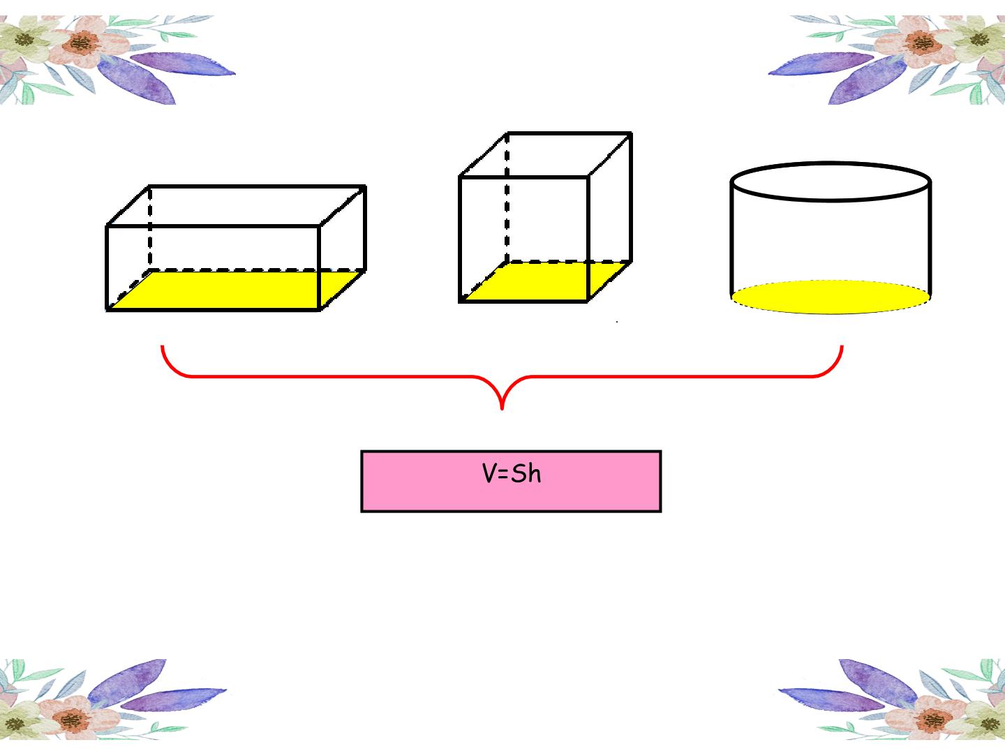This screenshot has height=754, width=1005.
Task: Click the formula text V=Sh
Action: [512, 473]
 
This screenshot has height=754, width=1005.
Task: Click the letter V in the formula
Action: [489, 473]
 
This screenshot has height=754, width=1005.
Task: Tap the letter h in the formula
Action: [535, 473]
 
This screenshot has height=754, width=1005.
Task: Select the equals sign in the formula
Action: [502, 475]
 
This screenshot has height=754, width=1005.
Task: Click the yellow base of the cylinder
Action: [831, 297]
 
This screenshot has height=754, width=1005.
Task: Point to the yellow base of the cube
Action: [545, 282]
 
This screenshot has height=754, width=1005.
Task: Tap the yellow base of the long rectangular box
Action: [235, 290]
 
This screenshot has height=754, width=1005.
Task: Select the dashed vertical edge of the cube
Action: [507, 198]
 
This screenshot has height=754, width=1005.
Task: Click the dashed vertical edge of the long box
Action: [150, 228]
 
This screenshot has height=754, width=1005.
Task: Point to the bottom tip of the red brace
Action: [502, 408]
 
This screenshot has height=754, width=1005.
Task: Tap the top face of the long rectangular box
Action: [236, 206]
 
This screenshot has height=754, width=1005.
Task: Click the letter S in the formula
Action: [519, 474]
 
